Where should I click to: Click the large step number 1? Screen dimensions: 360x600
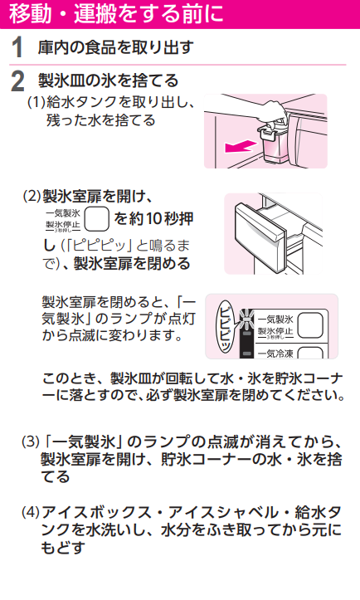[17, 48]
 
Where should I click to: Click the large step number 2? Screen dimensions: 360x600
[17, 81]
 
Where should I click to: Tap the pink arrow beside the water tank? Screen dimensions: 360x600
[240, 146]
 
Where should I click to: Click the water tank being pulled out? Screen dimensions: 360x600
[271, 143]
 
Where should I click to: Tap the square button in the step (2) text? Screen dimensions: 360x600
[96, 219]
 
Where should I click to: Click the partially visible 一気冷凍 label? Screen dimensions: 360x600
[275, 354]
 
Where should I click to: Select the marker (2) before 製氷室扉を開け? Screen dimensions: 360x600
[32, 197]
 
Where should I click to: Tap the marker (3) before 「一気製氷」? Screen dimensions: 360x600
[31, 442]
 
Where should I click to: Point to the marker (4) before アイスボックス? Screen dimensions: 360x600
[31, 512]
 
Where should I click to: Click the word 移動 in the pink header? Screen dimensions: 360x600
[30, 13]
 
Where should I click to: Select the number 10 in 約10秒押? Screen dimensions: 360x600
[153, 218]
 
